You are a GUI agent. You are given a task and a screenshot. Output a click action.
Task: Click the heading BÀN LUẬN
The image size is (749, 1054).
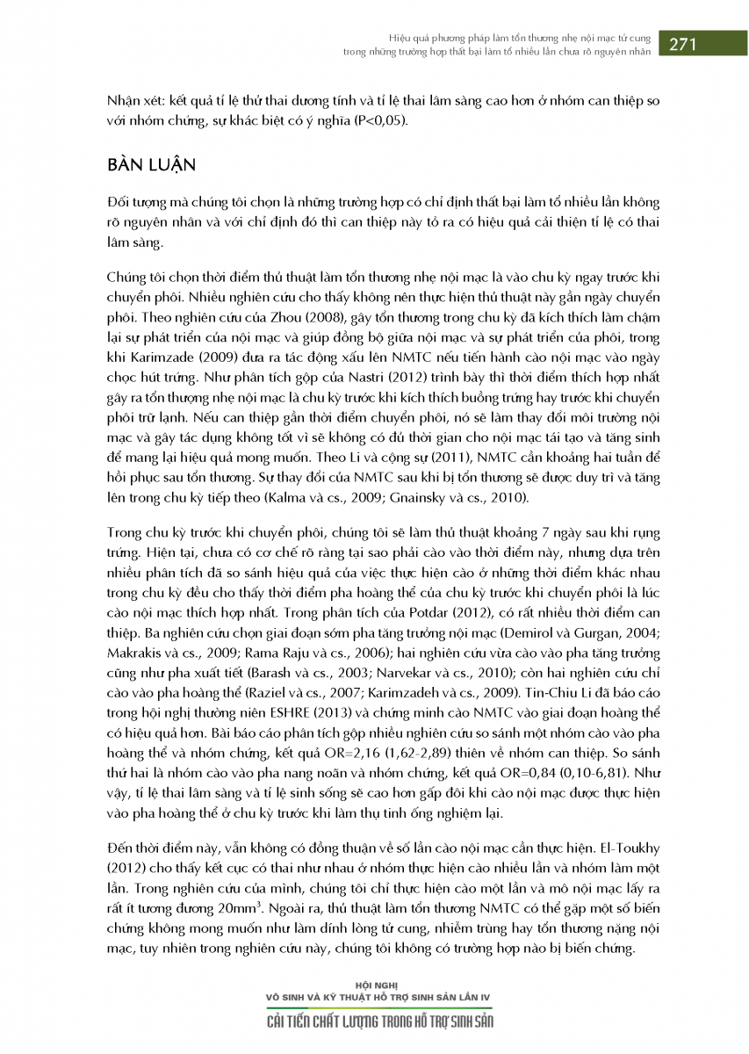151,166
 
